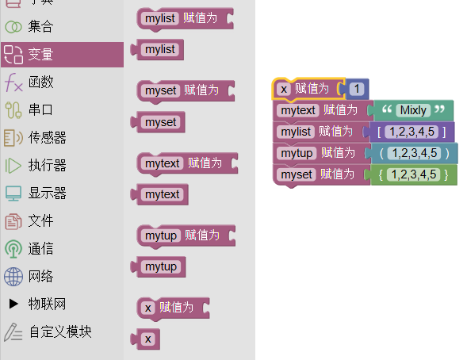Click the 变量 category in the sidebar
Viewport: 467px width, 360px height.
(62, 55)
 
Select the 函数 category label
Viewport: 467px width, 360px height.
(40, 82)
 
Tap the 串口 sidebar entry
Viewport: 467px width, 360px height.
(40, 109)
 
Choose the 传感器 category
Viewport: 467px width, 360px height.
(47, 137)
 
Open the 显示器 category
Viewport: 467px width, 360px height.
(47, 193)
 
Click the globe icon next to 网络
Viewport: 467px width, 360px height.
(13, 276)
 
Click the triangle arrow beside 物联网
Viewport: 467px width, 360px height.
(13, 304)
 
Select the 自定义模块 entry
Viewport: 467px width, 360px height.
(60, 331)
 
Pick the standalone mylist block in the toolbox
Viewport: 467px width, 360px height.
(157, 49)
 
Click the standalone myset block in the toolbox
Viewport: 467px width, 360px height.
(158, 122)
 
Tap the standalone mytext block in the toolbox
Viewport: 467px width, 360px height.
(159, 194)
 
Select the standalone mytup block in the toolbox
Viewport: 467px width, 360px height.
(158, 266)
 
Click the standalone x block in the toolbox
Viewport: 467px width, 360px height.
(145, 339)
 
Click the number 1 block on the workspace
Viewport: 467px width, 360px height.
(356, 89)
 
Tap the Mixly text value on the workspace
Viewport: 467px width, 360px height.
(413, 110)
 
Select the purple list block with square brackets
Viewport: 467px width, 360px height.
(409, 132)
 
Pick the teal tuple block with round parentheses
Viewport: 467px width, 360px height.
(411, 153)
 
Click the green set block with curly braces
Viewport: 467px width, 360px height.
(411, 174)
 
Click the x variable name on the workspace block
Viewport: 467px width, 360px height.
(284, 89)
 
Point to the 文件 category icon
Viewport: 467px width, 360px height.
(13, 221)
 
